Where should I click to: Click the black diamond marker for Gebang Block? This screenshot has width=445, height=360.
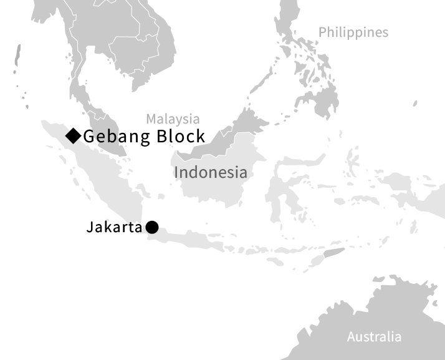(74, 135)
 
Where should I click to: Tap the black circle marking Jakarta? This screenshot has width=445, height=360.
(152, 228)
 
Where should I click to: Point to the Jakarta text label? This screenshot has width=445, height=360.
(114, 228)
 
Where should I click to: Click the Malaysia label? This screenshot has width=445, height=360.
(173, 119)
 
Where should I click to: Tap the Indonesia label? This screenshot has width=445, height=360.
(211, 172)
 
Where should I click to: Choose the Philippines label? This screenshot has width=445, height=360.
(353, 32)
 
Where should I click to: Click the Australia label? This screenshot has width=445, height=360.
(374, 337)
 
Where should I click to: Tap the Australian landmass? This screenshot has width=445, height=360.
(386, 312)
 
